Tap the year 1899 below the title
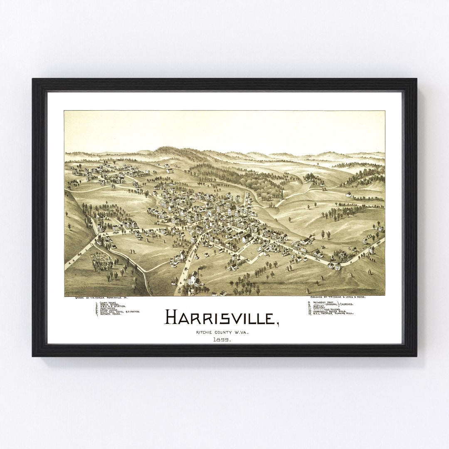(x=222, y=340)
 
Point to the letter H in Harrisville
(x=172, y=317)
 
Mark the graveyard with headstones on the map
(x=101, y=262)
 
